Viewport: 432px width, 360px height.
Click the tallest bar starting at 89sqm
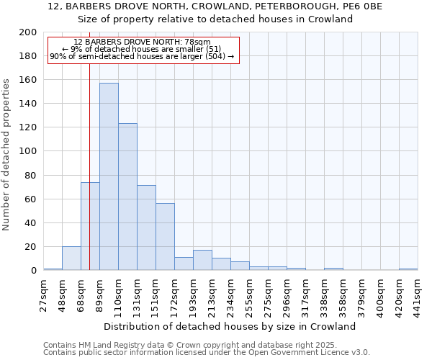(109, 176)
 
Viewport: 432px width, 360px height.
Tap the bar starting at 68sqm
(90, 226)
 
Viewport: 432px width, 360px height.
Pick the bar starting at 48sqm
(71, 258)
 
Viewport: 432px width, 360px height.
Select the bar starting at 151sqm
(165, 237)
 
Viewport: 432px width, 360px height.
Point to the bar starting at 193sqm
(202, 260)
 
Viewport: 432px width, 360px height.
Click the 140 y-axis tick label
(28, 104)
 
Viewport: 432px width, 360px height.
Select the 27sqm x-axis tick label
(43, 295)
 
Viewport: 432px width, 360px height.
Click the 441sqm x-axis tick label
(418, 295)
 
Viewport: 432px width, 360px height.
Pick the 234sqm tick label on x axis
(230, 295)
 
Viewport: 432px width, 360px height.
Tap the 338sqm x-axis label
(324, 295)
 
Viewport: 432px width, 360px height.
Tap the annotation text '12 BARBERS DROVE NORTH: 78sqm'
(142, 42)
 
